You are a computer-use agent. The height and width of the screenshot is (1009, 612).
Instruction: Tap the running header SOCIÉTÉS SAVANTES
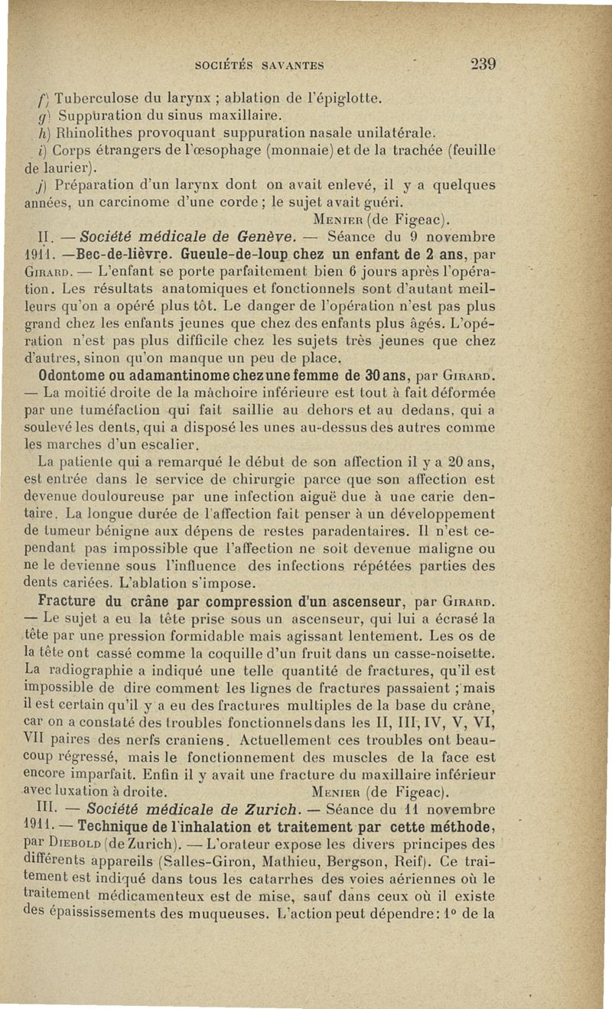click(x=261, y=65)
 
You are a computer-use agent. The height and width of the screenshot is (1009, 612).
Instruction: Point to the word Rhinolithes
click(x=94, y=133)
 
